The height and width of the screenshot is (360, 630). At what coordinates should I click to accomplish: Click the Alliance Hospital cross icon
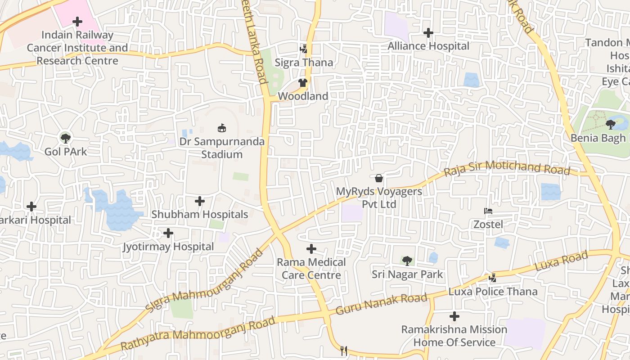(428, 33)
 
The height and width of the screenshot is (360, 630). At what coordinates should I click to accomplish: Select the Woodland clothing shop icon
(302, 83)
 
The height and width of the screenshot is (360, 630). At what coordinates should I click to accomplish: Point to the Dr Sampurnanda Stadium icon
(222, 128)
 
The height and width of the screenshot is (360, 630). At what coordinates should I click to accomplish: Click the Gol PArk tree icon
(66, 138)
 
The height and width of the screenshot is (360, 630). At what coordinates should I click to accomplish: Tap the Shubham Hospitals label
(199, 214)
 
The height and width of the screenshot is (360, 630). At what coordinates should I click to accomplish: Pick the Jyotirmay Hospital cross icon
(168, 233)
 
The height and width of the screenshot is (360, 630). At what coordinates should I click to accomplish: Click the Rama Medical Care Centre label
(311, 269)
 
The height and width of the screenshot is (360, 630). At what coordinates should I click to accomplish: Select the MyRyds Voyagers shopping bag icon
(379, 178)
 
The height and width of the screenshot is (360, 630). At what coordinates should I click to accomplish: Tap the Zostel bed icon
(488, 211)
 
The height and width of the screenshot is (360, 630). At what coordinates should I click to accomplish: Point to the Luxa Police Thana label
(493, 292)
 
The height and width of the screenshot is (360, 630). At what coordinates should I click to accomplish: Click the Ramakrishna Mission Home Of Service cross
(454, 316)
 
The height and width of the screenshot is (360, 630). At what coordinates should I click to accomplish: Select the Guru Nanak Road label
(381, 304)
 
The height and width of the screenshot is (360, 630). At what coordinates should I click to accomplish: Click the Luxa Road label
(561, 261)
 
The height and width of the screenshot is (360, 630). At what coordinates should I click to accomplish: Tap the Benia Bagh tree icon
(611, 124)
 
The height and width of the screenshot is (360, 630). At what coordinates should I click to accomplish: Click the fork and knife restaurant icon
(344, 351)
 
